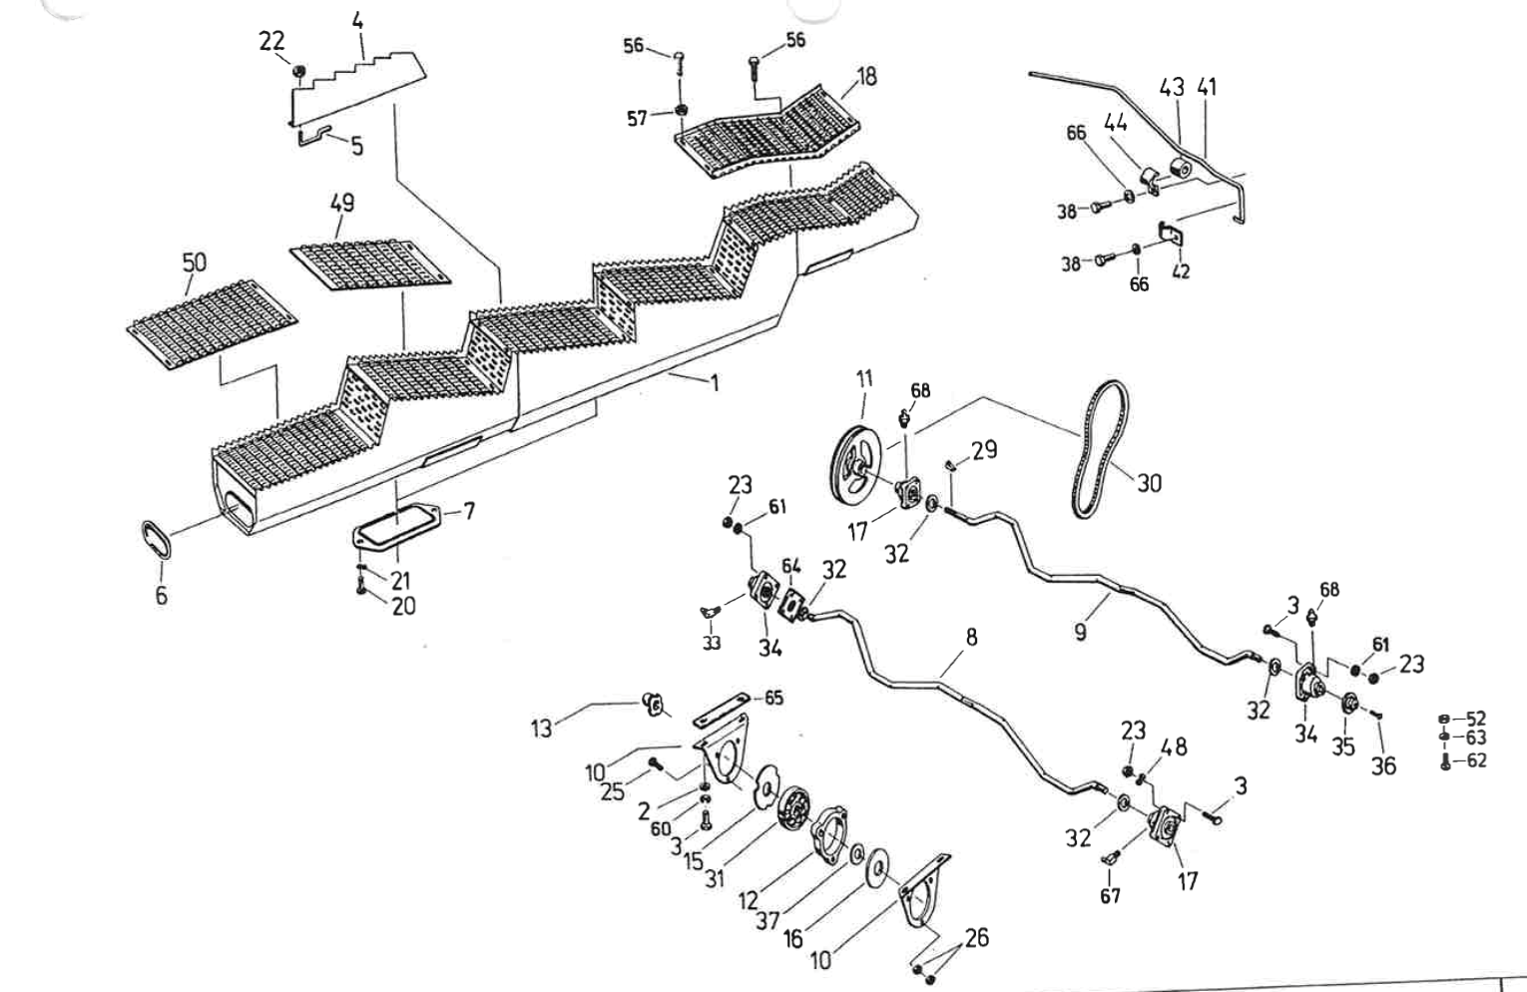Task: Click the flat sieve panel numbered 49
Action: (369, 262)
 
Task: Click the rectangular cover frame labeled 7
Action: (397, 524)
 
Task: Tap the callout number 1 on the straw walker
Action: (715, 382)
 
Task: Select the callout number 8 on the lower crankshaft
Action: (971, 637)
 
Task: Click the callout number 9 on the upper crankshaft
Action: (1081, 632)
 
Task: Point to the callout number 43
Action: (1172, 87)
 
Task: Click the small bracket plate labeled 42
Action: (1170, 236)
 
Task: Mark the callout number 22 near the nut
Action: (271, 41)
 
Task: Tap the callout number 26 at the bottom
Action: (976, 937)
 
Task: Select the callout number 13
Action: (540, 728)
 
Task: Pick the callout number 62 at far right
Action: (1476, 760)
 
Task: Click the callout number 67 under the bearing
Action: (1110, 895)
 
